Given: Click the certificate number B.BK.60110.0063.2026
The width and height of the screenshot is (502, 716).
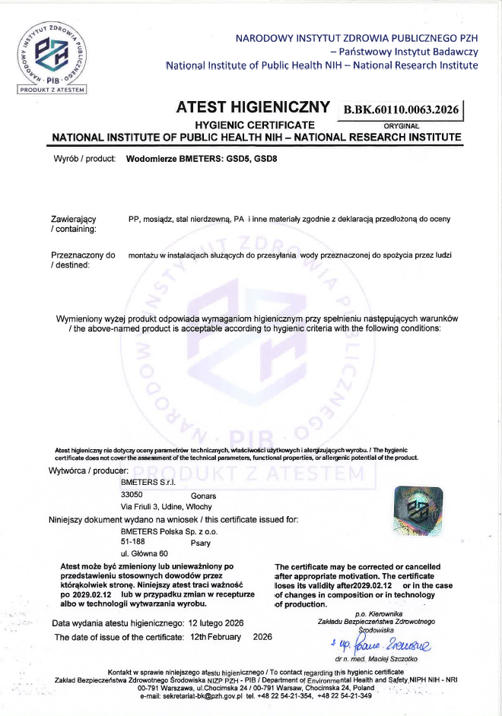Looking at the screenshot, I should [402, 109].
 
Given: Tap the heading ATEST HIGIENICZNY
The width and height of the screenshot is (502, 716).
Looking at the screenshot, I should [253, 107].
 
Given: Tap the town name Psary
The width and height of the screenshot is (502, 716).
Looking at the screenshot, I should [201, 543].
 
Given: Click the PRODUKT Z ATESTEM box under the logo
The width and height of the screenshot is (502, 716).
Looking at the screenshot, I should [52, 89].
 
